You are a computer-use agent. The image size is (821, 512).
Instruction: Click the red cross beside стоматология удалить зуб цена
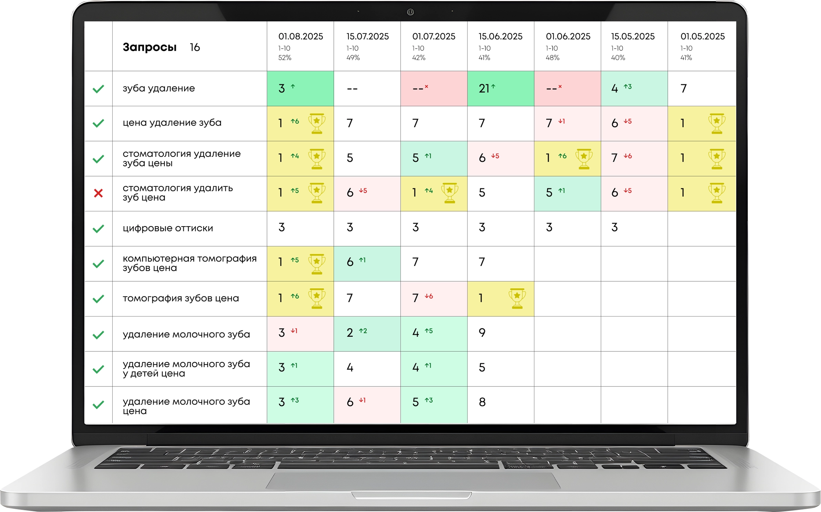click(x=99, y=193)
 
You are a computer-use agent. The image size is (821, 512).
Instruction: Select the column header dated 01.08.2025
click(x=300, y=37)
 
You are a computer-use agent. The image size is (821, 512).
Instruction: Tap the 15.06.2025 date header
click(x=500, y=37)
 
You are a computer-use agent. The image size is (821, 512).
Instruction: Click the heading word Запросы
click(x=150, y=47)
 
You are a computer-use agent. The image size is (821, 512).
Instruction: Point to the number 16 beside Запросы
click(x=195, y=47)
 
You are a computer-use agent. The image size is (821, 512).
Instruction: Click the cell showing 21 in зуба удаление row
click(x=484, y=89)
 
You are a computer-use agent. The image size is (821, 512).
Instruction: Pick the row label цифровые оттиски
click(x=168, y=228)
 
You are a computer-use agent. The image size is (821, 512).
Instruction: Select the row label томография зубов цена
click(x=181, y=298)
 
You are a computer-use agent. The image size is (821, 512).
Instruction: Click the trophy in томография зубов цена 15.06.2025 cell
click(x=517, y=298)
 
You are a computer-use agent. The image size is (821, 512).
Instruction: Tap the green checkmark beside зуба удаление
click(x=99, y=89)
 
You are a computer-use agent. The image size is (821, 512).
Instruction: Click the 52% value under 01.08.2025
click(x=285, y=58)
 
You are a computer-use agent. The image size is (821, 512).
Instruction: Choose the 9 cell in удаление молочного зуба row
click(x=482, y=333)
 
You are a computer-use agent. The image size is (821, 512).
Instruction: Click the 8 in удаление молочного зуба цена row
click(x=482, y=402)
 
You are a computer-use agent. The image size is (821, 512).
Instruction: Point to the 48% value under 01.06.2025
click(x=552, y=58)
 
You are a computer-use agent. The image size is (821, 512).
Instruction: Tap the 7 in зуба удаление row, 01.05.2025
click(x=684, y=89)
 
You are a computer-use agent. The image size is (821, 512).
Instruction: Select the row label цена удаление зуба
click(x=172, y=123)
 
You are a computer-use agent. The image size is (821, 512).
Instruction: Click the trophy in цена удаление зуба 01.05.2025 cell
click(x=717, y=123)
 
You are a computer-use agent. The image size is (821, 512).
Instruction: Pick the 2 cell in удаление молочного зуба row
click(x=350, y=333)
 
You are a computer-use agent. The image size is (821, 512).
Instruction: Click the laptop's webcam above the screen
click(x=410, y=12)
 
